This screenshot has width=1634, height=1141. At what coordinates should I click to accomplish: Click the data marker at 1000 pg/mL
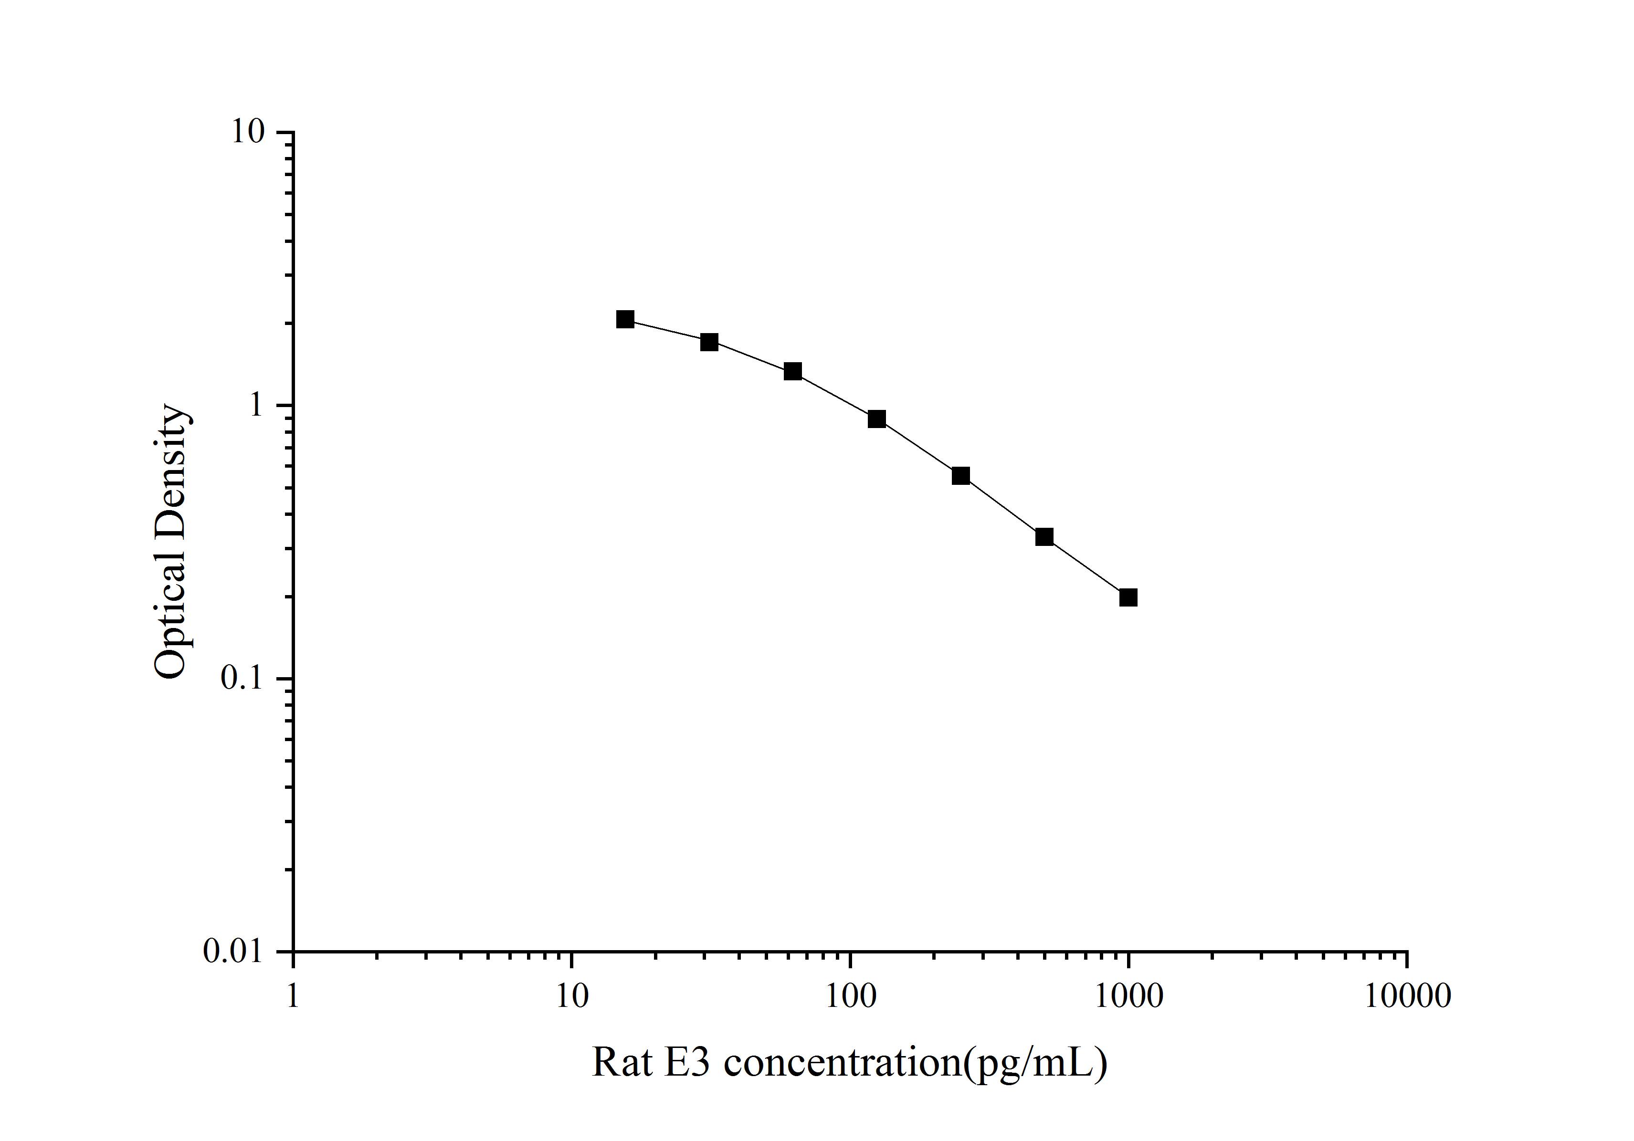click(1128, 597)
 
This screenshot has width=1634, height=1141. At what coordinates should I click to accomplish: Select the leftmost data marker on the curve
click(625, 319)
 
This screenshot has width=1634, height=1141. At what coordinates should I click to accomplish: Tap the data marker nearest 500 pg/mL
click(1044, 536)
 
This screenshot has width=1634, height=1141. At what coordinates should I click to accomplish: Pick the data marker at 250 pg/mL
click(961, 476)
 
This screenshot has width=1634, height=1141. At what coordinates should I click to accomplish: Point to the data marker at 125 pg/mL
click(877, 419)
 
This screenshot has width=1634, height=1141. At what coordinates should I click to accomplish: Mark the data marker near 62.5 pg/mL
click(793, 371)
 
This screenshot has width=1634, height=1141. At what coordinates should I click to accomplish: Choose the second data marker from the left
click(709, 342)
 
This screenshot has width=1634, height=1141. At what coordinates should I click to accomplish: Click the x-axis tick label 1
click(293, 996)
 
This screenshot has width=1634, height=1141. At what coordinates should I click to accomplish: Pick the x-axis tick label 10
click(571, 996)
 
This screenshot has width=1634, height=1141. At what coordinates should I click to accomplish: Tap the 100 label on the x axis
click(850, 996)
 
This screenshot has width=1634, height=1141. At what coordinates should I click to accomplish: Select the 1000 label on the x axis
click(1128, 996)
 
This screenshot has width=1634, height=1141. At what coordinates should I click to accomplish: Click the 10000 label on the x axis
click(1407, 996)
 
